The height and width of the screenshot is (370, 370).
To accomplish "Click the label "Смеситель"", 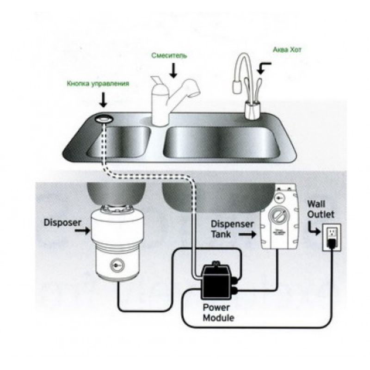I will click(169, 55).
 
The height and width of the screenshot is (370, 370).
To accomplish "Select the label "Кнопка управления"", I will click(97, 84).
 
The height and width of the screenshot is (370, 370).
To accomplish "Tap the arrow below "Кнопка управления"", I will click(103, 99).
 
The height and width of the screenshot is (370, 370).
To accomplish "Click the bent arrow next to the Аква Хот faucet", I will click(264, 68).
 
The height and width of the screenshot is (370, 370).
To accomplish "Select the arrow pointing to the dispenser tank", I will click(248, 235).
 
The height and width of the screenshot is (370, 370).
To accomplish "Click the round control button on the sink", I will click(105, 119).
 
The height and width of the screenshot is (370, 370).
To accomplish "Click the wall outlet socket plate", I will click(332, 237).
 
